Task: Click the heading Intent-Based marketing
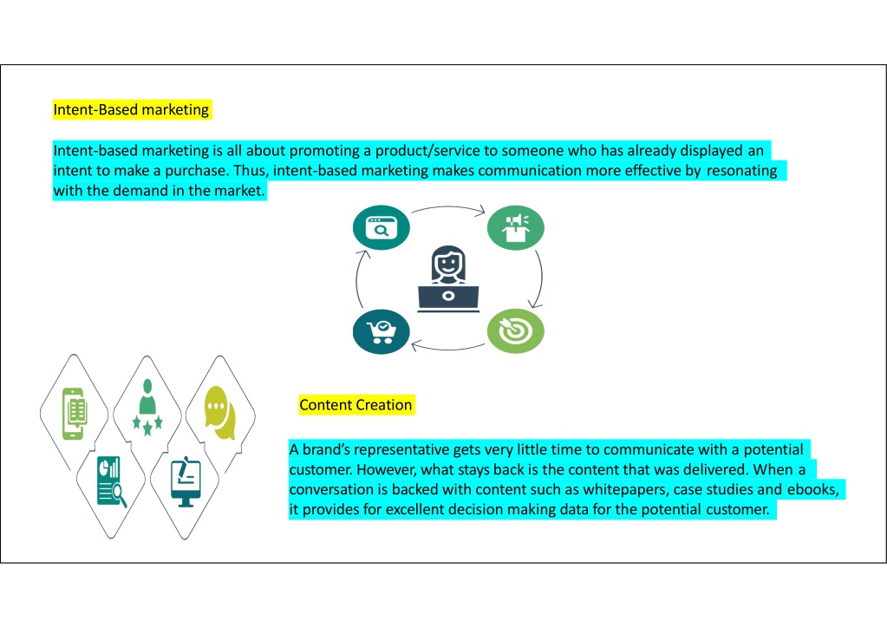(131, 109)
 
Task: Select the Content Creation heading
(355, 405)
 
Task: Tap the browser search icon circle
(382, 227)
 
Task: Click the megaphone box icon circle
(515, 227)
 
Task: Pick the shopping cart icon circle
(382, 331)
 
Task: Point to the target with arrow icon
(515, 331)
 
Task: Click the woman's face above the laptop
(448, 264)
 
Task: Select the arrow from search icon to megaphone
(448, 207)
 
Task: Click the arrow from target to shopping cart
(448, 347)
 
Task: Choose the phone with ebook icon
(75, 414)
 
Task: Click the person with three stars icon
(147, 408)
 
